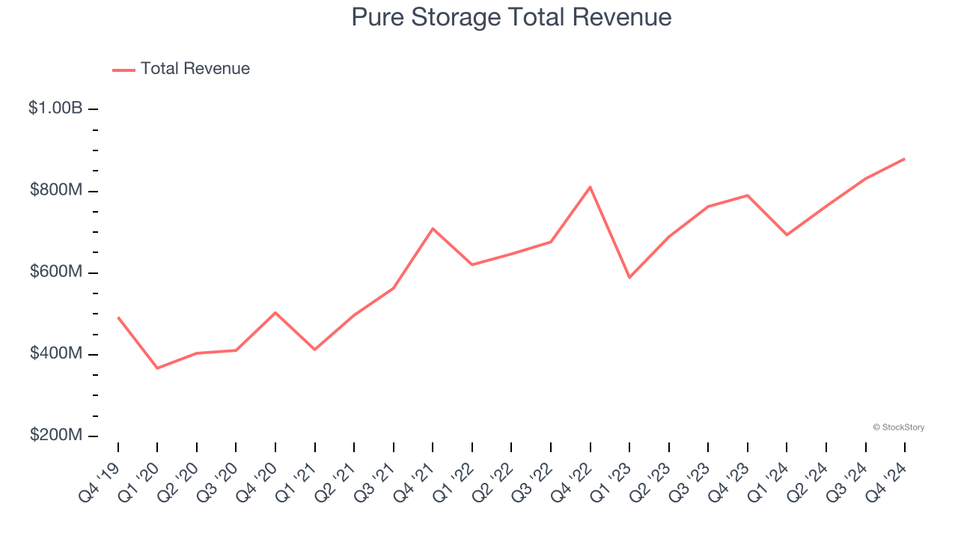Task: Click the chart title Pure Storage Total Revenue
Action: point(511,17)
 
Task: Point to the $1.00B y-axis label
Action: point(55,109)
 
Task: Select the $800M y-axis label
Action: point(56,191)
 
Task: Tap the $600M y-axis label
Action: point(56,272)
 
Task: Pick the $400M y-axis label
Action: point(56,354)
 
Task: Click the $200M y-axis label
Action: point(56,436)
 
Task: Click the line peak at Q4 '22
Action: point(591,187)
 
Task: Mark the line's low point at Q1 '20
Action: point(157,368)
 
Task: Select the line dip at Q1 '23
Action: point(629,278)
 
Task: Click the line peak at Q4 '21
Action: point(433,228)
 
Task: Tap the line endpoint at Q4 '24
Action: point(904,159)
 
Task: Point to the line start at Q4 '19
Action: point(118,317)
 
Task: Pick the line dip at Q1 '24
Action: point(787,235)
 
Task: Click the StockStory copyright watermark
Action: point(898,427)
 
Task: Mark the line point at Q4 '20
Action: point(275,312)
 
